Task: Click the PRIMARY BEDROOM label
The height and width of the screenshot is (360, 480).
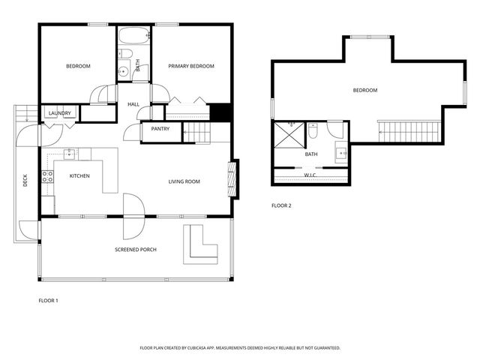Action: point(190,67)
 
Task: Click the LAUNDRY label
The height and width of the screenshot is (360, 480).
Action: point(59,113)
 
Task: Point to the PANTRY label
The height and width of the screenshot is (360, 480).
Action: point(160,129)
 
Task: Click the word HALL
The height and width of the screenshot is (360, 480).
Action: point(133,104)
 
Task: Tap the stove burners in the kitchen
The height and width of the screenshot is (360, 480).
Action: point(47,177)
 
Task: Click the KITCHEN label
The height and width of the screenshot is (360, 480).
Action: point(80,175)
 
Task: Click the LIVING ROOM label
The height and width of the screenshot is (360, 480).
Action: point(184,181)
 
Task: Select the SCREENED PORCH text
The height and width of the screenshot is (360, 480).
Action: point(135,249)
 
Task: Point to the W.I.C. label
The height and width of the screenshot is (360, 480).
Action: point(310,175)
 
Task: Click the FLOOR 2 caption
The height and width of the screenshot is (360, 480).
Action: point(281,205)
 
